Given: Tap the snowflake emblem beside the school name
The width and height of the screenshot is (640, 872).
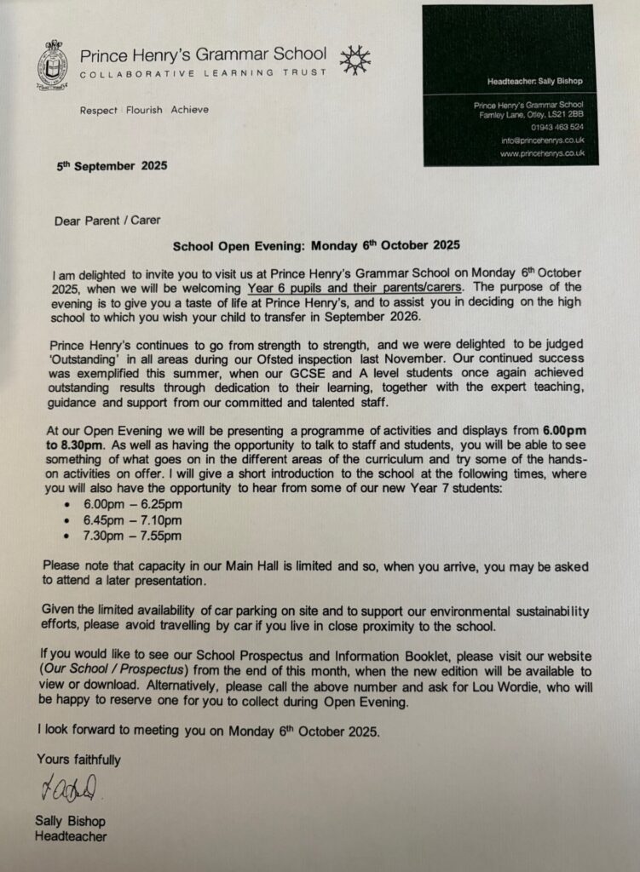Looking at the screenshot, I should [x=355, y=60].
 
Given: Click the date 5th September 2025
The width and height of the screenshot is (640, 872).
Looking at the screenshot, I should [x=107, y=166].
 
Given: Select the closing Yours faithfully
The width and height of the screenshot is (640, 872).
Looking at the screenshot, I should [x=78, y=759].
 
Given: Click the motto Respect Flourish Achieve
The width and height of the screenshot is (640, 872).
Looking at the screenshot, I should [x=143, y=110].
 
